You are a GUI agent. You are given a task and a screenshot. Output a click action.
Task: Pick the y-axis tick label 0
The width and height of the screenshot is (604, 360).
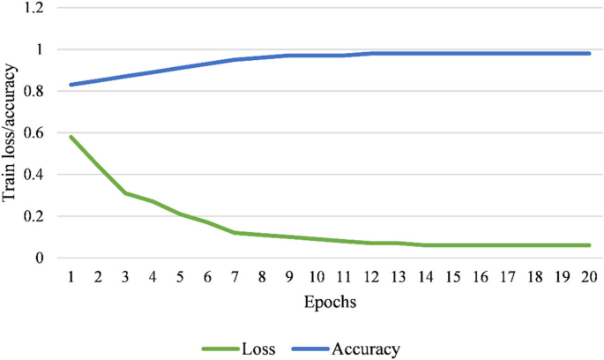[41, 258]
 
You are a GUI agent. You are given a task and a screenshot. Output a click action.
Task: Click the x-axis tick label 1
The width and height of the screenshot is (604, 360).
[71, 276]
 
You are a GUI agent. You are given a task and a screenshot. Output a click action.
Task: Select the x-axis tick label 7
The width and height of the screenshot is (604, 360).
[235, 276]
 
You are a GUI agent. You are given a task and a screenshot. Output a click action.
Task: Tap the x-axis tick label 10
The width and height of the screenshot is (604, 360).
[317, 276]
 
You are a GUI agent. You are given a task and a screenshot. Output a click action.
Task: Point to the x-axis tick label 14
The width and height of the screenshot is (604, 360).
[426, 276]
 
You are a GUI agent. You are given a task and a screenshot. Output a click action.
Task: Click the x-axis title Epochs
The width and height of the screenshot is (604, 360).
[331, 302]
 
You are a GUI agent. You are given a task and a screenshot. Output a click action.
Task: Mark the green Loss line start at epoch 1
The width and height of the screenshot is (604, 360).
[71, 137]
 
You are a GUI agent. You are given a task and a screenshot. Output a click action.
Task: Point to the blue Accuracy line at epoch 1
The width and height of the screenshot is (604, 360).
[71, 85]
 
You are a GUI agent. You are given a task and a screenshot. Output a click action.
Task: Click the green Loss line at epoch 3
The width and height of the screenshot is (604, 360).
[125, 193]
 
